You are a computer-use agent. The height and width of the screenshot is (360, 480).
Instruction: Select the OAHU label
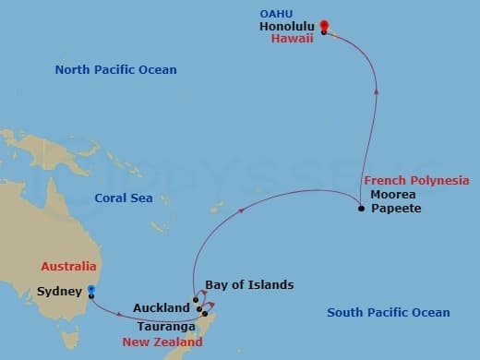click(x=278, y=15)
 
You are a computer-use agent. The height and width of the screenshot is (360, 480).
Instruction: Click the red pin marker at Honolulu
click(x=324, y=27)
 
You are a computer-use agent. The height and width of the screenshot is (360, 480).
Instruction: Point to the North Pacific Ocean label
click(x=115, y=70)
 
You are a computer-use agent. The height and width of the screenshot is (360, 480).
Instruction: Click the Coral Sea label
click(x=123, y=198)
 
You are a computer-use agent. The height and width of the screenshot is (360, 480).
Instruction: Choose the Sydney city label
click(x=61, y=291)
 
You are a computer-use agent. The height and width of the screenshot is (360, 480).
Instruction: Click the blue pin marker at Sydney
click(x=91, y=292)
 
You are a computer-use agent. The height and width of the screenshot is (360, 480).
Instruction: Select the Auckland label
click(x=161, y=307)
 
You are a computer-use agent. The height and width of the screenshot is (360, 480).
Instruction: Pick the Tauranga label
click(x=166, y=327)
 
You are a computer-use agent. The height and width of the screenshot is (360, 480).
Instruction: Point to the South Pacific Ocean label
click(x=389, y=313)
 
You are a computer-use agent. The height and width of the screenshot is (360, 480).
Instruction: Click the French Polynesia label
click(x=415, y=180)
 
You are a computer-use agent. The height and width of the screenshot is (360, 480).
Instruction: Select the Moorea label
click(x=392, y=195)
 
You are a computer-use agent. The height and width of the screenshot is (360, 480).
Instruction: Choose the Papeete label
click(x=396, y=210)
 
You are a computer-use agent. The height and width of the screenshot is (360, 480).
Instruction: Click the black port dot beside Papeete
click(x=361, y=209)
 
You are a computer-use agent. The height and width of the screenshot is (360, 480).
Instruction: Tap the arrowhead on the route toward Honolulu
click(x=376, y=90)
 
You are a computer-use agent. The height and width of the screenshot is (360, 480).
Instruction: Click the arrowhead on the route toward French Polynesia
click(x=242, y=210)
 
